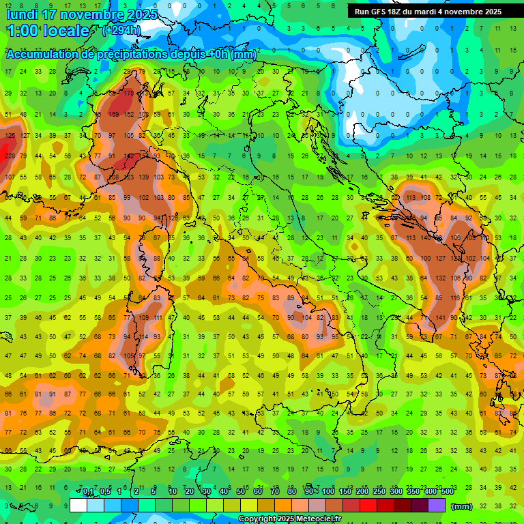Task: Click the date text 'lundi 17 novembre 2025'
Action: coord(82,14)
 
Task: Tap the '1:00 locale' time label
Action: coord(48,31)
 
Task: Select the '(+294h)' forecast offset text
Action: coord(121,31)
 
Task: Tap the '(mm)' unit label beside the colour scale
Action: coord(462,506)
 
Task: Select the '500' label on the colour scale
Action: coord(447,492)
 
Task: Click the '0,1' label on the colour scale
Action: coord(88,492)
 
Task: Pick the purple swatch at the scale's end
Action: coord(437,505)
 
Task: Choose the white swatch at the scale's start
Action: coord(78,505)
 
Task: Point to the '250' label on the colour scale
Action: coord(379,492)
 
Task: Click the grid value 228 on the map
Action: coord(10,156)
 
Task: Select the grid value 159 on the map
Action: coord(113,115)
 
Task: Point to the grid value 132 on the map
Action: coord(439,278)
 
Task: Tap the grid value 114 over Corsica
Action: coord(144,336)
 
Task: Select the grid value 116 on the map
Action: coord(454,298)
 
